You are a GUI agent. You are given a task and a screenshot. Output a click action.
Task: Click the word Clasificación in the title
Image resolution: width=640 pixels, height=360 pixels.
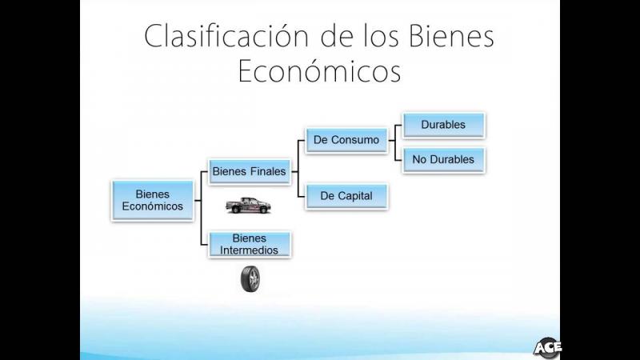coord(226,36)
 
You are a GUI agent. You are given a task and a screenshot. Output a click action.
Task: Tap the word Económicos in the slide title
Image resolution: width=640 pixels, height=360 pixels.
coord(319,71)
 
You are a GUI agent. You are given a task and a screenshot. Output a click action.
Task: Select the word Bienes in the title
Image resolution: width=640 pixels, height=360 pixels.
coord(451,36)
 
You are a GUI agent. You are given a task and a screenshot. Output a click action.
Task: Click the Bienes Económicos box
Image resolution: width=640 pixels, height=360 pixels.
coord(153,201)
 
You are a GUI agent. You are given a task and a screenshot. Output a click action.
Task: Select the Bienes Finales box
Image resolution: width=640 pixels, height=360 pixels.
coord(250,172)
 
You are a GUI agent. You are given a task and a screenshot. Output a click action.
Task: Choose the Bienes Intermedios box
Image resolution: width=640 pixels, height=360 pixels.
coord(250,244)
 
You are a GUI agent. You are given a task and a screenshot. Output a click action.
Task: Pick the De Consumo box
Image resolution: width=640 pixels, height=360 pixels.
coord(346,140)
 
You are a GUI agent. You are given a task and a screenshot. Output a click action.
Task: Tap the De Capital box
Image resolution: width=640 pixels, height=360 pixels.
coord(346,196)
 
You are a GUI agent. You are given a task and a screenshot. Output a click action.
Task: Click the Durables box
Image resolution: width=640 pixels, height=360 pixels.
coord(444,125)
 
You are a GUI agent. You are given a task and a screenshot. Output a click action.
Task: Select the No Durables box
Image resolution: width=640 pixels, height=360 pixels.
coord(444,159)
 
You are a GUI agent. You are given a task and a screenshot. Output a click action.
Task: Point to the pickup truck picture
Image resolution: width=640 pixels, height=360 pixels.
coord(248,206)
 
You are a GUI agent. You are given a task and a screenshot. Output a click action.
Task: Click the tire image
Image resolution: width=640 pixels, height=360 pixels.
coord(250,279)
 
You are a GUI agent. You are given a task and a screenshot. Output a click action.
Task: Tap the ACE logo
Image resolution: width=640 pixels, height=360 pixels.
coord(547,348)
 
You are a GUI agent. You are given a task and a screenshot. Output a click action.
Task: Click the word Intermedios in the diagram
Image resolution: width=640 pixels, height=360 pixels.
coord(249,250)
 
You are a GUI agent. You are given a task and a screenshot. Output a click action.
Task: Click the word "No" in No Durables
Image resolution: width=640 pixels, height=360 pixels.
coord(419,159)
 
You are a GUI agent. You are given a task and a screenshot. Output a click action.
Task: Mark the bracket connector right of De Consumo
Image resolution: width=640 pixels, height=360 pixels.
coord(394,142)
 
